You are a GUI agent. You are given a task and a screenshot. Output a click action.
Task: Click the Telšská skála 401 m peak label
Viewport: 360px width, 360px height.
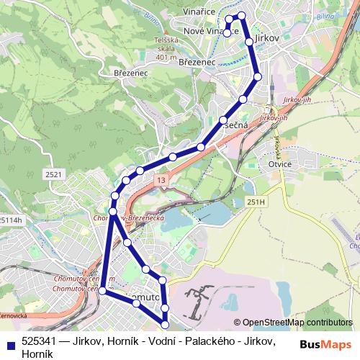(x=166, y=50)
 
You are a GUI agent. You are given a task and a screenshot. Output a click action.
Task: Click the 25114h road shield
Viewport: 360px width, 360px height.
(x=11, y=220)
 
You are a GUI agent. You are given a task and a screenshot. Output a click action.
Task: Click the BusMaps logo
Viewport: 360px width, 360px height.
(x=326, y=344)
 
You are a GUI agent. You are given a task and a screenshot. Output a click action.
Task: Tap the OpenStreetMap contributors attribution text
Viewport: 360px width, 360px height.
(x=297, y=322)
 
